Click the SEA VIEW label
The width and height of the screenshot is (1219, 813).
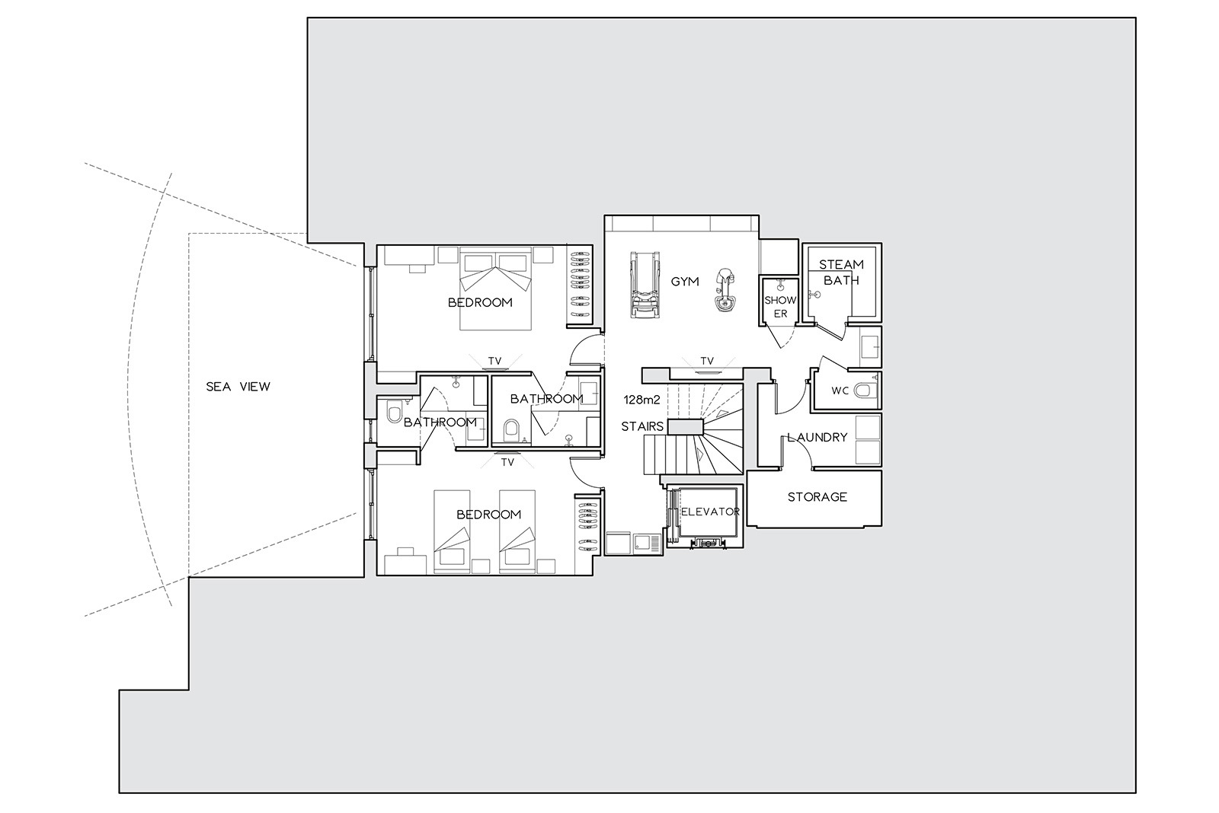pos(238,387)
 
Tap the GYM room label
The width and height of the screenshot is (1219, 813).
pos(685,282)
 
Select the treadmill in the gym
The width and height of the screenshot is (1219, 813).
pos(645,285)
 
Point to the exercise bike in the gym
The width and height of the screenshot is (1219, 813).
pos(725,289)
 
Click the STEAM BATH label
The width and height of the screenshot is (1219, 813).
pos(841,273)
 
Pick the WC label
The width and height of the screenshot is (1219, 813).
pos(840,391)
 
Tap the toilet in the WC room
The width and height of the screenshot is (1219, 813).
pos(865,390)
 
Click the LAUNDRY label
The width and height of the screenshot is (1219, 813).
pos(817,437)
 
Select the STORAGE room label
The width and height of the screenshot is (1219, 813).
pos(817,497)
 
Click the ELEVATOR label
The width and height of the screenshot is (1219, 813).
pos(710,512)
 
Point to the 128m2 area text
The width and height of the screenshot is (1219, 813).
pos(641,400)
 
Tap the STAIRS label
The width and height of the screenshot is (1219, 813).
pos(642,426)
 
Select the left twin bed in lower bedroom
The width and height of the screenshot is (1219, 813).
pos(452,531)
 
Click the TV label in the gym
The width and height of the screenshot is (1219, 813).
pos(706,361)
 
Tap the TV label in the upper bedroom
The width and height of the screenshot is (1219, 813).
pos(494,361)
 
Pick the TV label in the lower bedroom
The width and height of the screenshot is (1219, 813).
pos(507,463)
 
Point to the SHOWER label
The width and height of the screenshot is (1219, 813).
pos(780,307)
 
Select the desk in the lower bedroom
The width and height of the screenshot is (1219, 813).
pos(405,563)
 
